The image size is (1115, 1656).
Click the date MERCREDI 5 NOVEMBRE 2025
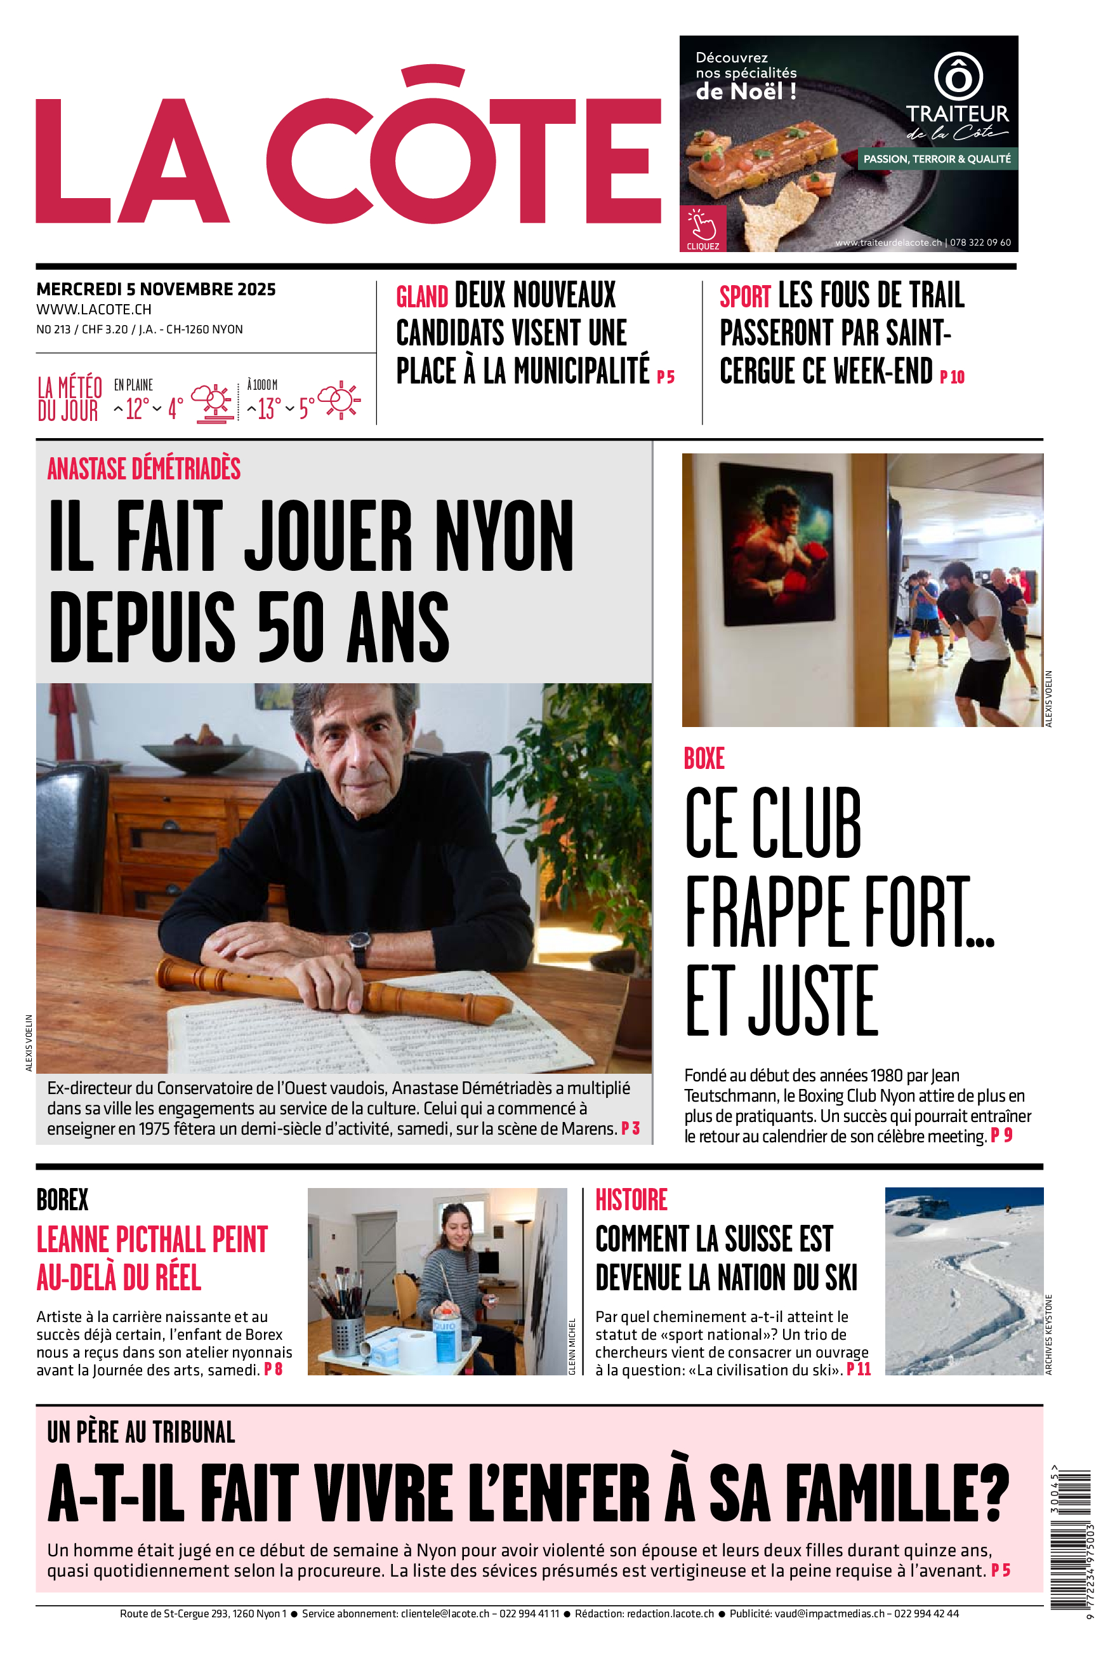(155, 290)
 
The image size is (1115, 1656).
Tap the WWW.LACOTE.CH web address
(94, 309)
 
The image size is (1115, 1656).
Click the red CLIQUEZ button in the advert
(703, 229)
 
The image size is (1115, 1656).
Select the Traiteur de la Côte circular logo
(957, 76)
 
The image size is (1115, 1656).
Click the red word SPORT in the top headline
(744, 296)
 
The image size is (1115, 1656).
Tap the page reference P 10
(952, 377)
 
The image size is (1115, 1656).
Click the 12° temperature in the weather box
(137, 408)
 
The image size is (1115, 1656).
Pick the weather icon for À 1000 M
(339, 401)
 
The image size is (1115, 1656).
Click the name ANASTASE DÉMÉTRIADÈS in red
(143, 469)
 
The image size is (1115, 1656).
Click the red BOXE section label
(703, 759)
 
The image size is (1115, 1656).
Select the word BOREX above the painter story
(63, 1200)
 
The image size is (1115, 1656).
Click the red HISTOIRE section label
(631, 1200)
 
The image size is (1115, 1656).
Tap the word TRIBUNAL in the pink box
(194, 1432)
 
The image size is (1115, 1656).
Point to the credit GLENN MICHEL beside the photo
(572, 1347)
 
